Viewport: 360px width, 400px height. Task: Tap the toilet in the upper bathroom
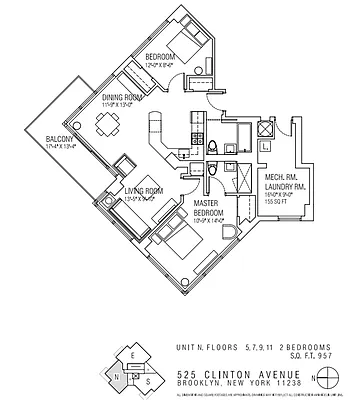(216, 148)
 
